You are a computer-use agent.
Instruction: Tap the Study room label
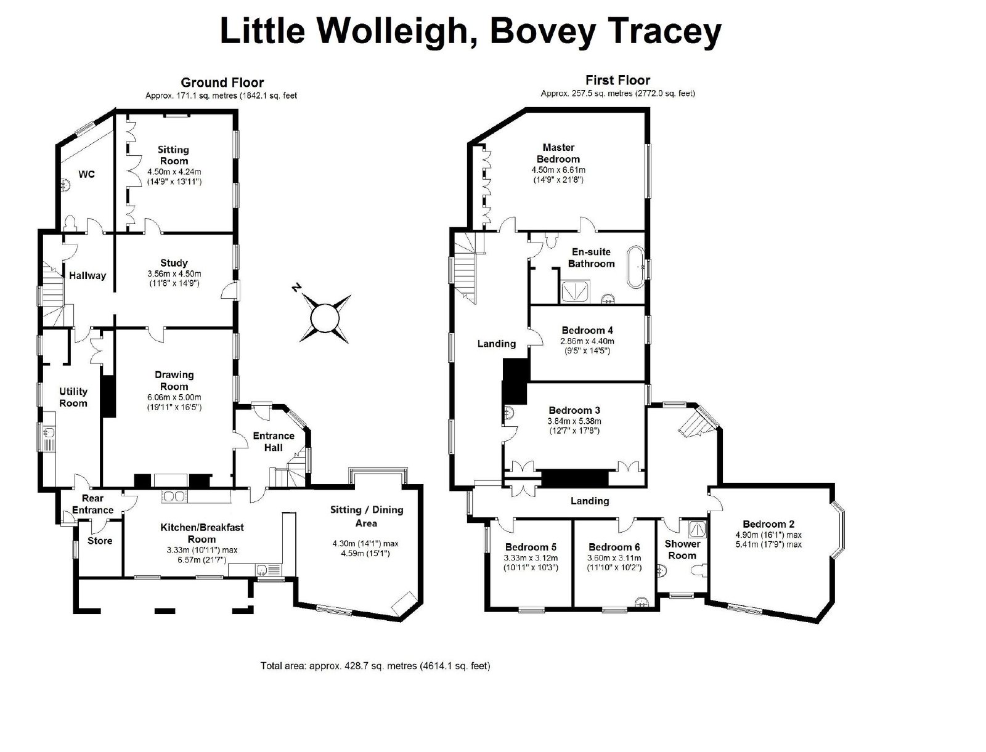click(x=174, y=262)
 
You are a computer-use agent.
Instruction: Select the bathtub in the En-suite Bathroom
click(x=635, y=267)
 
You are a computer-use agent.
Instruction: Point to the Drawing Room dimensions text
click(x=174, y=402)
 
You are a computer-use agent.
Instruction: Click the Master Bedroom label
click(x=558, y=153)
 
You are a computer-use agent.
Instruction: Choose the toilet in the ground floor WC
click(x=70, y=223)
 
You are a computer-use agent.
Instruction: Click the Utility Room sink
click(x=49, y=432)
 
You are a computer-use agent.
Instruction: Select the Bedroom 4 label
click(x=587, y=330)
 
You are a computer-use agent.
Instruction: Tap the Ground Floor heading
click(x=222, y=83)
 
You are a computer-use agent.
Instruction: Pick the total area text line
click(x=375, y=665)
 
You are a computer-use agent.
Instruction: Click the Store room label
click(x=100, y=541)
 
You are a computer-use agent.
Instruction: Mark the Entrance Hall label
click(x=274, y=442)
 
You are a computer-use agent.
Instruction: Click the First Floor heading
click(x=617, y=80)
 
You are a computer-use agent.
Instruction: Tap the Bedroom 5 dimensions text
click(x=531, y=562)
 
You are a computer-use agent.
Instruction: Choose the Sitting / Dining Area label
click(x=367, y=516)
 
